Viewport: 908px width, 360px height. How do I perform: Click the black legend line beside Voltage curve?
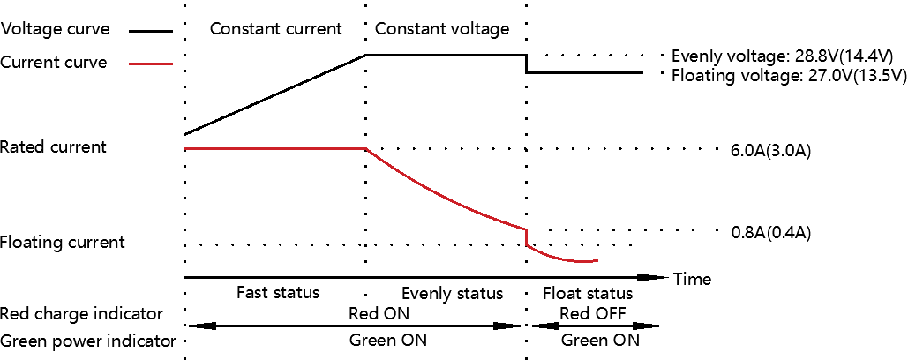tap(151, 31)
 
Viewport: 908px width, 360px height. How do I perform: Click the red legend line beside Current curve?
tap(151, 64)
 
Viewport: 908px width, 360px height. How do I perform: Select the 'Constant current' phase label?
tap(275, 28)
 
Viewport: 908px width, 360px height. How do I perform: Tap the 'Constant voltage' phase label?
tap(442, 28)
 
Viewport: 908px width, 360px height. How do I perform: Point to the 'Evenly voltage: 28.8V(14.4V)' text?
tap(783, 56)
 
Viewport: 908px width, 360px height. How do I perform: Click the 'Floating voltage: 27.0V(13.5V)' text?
tap(789, 75)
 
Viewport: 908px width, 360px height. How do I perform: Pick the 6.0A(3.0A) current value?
tap(770, 151)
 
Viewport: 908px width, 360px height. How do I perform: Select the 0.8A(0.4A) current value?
tap(770, 233)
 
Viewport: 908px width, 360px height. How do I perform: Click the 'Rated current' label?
tap(53, 147)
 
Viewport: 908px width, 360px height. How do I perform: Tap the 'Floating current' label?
tap(62, 242)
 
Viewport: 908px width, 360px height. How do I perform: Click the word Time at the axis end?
tap(692, 280)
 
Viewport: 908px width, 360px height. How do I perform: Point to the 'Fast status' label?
tap(278, 292)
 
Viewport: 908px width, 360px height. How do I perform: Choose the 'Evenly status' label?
tap(453, 293)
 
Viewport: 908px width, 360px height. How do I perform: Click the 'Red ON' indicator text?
tap(379, 314)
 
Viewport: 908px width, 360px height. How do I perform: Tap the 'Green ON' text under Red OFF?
tap(601, 341)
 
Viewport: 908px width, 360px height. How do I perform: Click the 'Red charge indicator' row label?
tap(81, 314)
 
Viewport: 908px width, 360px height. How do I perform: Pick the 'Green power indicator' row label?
tap(88, 341)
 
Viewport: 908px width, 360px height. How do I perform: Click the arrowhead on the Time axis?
tap(652, 277)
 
